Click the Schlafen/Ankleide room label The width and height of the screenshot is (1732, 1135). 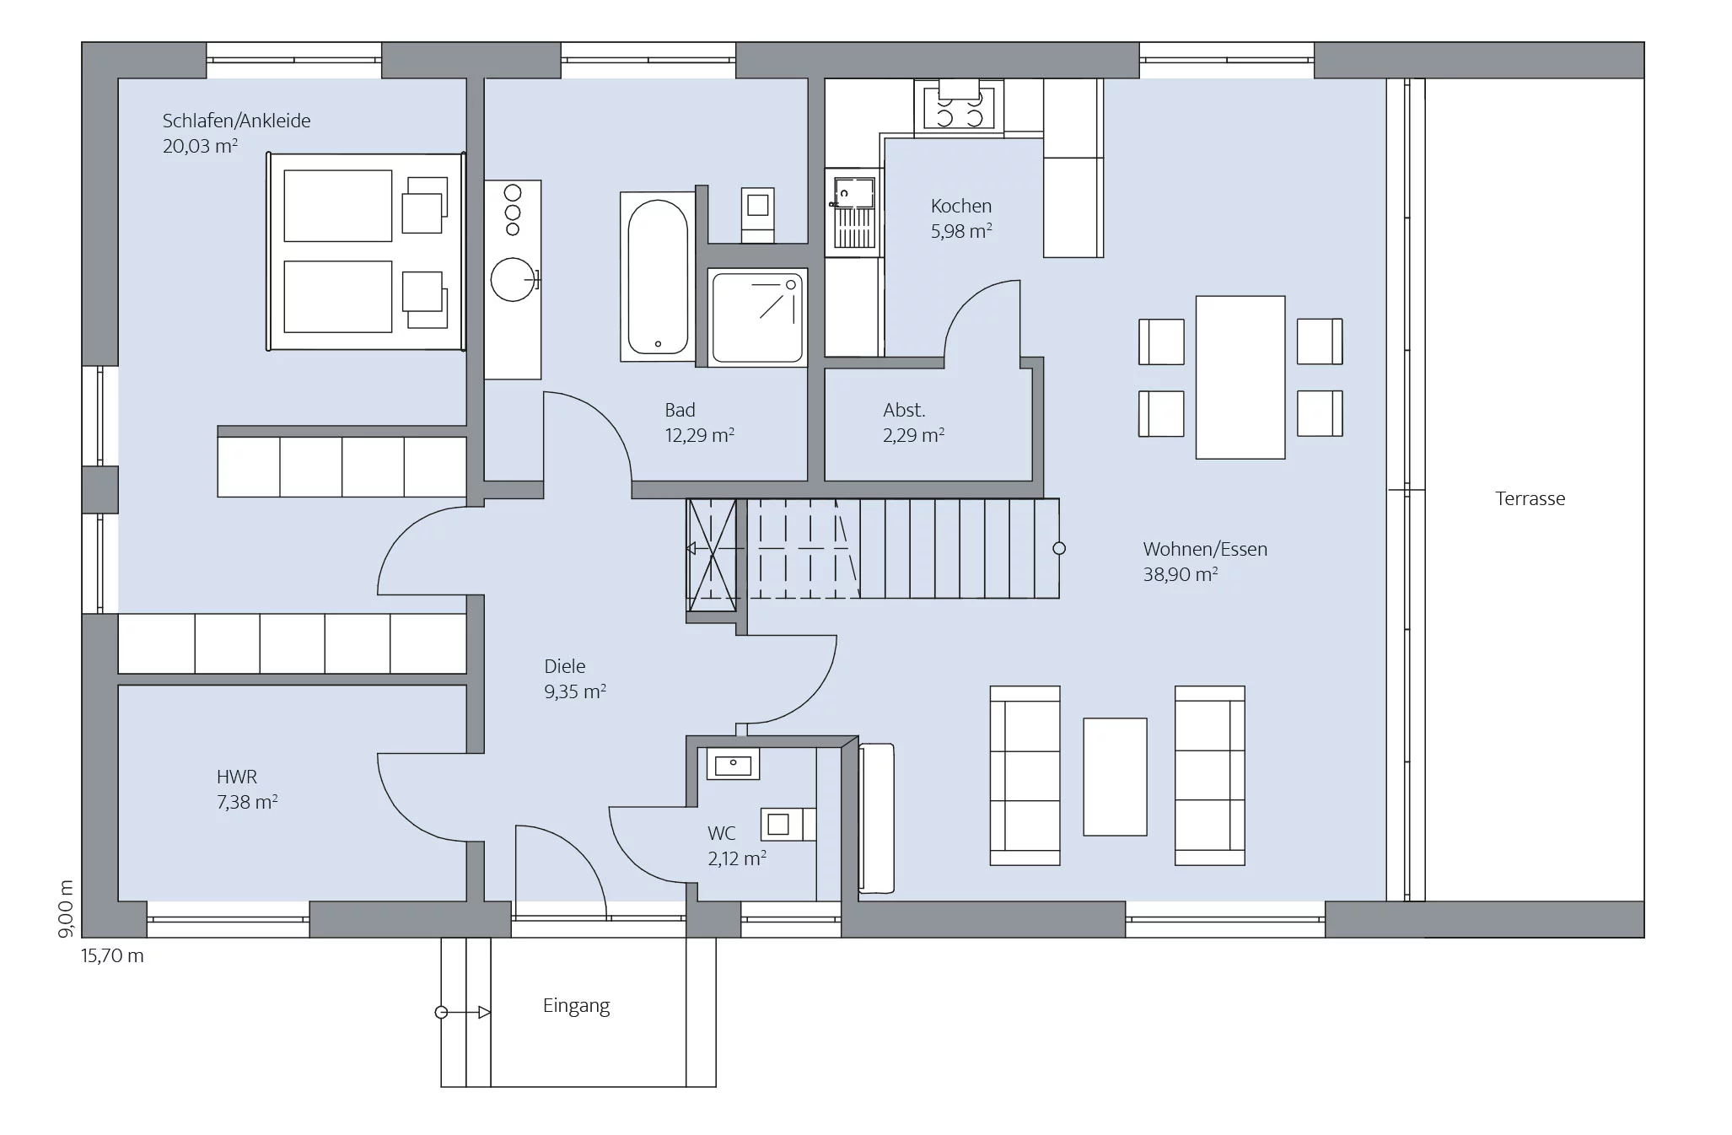click(236, 121)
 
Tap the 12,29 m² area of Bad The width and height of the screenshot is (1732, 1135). click(699, 435)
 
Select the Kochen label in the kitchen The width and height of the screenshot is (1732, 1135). click(960, 206)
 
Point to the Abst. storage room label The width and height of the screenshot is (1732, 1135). click(904, 410)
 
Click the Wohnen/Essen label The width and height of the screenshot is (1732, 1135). click(1205, 549)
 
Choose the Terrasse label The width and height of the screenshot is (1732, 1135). click(1530, 498)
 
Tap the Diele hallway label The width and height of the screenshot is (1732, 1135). click(564, 666)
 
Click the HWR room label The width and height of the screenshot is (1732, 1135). click(236, 777)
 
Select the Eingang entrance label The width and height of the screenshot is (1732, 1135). click(576, 1006)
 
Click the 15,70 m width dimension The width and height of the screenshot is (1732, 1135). click(112, 956)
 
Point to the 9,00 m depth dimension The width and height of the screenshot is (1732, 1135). click(66, 908)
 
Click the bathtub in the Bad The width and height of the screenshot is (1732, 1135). click(658, 276)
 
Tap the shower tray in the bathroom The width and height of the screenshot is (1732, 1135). click(757, 318)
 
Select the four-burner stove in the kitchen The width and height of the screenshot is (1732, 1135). click(959, 106)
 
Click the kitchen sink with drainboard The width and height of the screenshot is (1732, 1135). click(854, 212)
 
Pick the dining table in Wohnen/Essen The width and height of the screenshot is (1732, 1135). click(1240, 377)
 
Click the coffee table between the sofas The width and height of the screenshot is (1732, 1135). click(1115, 777)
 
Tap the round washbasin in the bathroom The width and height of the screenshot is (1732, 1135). click(514, 278)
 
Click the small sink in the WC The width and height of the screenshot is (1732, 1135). click(733, 764)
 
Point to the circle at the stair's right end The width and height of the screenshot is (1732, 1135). click(1059, 548)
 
